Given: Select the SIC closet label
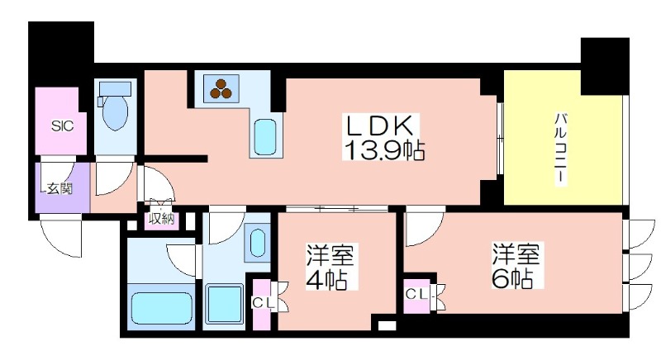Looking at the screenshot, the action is click(x=63, y=126).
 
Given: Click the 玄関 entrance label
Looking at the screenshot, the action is click(x=59, y=188).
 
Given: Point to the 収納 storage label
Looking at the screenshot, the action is click(x=161, y=219).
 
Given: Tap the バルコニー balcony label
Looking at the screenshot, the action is click(x=560, y=148).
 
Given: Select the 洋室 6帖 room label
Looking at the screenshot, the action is click(x=516, y=265).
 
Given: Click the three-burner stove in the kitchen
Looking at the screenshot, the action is click(x=221, y=88).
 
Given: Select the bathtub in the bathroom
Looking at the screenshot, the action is click(x=161, y=308).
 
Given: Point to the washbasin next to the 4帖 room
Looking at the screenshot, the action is click(x=257, y=243).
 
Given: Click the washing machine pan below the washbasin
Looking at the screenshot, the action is click(x=225, y=305).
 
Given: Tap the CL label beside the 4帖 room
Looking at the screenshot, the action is click(x=264, y=302).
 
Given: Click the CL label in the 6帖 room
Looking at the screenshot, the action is click(x=417, y=295).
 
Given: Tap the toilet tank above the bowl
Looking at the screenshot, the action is click(x=115, y=89).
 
